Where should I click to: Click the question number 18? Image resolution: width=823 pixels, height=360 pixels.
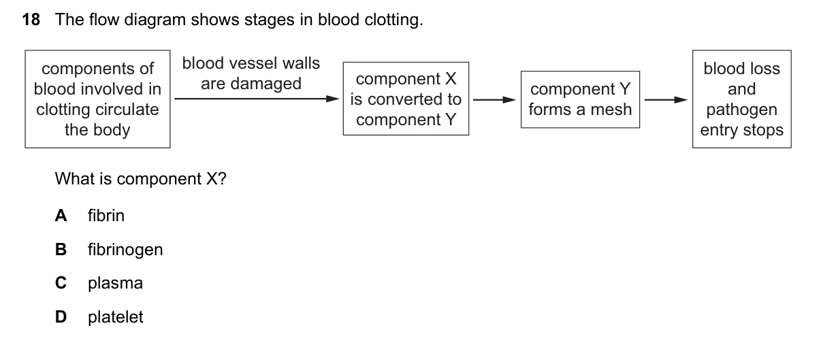pyautogui.click(x=31, y=20)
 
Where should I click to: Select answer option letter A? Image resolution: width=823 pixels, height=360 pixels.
pyautogui.click(x=61, y=216)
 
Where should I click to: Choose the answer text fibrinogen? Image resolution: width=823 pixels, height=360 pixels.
pyautogui.click(x=125, y=250)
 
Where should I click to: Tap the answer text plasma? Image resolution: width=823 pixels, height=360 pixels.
pyautogui.click(x=115, y=284)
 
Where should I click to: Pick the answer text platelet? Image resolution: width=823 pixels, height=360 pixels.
pyautogui.click(x=115, y=317)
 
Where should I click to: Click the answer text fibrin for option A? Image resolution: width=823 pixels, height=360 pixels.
pyautogui.click(x=106, y=216)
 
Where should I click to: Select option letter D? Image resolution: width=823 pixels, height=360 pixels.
pyautogui.click(x=61, y=317)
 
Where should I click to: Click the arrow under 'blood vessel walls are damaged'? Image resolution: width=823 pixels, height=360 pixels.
pyautogui.click(x=257, y=99)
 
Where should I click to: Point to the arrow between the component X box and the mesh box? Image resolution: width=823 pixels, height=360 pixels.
pyautogui.click(x=494, y=99)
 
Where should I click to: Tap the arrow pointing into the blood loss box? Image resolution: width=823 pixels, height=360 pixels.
pyautogui.click(x=666, y=99)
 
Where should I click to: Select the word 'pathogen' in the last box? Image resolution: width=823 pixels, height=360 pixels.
pyautogui.click(x=741, y=110)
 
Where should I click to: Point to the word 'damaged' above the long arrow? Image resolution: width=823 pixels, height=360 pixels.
pyautogui.click(x=265, y=84)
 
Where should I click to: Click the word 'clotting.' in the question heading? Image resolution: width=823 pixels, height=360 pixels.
pyautogui.click(x=394, y=20)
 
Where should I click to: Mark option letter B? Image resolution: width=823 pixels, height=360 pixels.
pyautogui.click(x=61, y=250)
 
